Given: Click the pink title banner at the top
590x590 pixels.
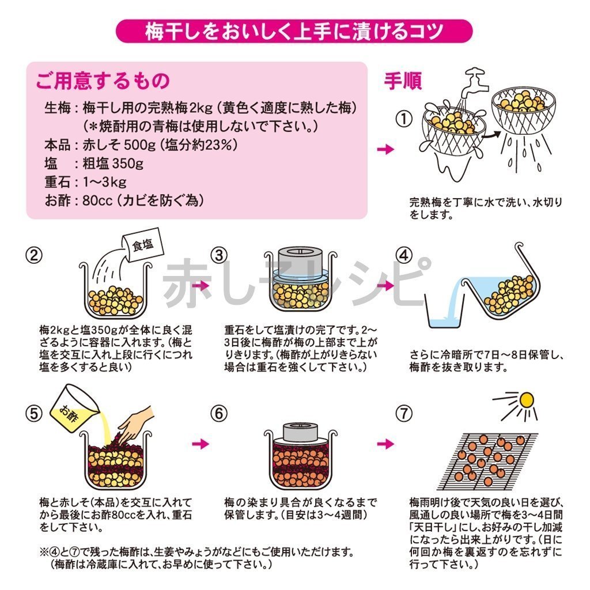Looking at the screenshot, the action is tap(294, 31).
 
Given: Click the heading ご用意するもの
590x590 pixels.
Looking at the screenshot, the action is tap(103, 81).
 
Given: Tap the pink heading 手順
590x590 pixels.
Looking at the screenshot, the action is tap(403, 81).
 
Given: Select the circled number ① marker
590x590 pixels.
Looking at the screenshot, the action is tap(404, 119).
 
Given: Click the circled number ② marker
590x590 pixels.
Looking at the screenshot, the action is tap(34, 255).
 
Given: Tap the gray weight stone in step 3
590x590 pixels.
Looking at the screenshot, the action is tap(299, 263).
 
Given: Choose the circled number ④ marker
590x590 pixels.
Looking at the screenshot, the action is tap(404, 255).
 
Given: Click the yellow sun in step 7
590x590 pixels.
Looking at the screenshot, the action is tap(526, 399).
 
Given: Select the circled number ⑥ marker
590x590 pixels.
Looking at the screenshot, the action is tap(219, 414).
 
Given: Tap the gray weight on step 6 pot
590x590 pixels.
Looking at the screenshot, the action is tap(300, 432).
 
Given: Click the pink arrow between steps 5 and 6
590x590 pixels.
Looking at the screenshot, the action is tap(201, 444).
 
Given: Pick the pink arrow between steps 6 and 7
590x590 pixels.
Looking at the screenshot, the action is tap(385, 444).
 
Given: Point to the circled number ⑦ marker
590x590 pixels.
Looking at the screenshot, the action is tap(404, 414).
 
